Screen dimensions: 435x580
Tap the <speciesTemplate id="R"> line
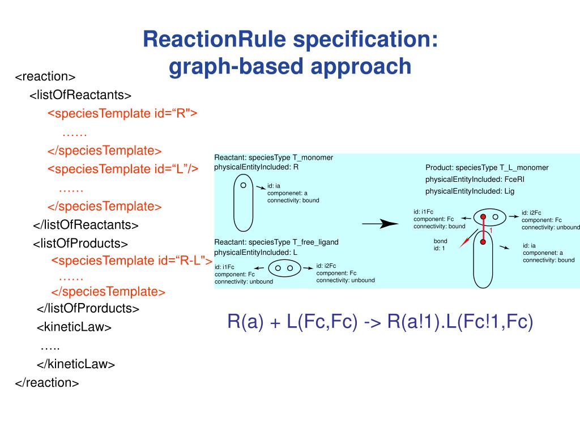(x=122, y=113)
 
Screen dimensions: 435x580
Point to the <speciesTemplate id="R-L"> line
(x=131, y=261)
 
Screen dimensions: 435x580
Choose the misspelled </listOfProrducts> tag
(x=88, y=309)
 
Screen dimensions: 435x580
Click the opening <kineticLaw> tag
(x=74, y=327)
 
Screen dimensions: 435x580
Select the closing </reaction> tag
(x=47, y=383)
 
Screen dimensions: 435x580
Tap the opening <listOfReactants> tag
(x=80, y=95)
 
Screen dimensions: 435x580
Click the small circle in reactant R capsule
(x=243, y=185)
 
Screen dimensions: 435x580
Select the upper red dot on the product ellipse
(x=483, y=217)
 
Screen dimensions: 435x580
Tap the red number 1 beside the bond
(x=491, y=231)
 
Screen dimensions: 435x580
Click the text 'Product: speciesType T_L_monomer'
(x=487, y=168)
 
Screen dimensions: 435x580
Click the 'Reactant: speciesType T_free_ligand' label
(x=276, y=242)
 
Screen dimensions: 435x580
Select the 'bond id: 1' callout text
(x=440, y=245)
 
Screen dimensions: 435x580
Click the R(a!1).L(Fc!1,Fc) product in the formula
(x=460, y=321)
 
